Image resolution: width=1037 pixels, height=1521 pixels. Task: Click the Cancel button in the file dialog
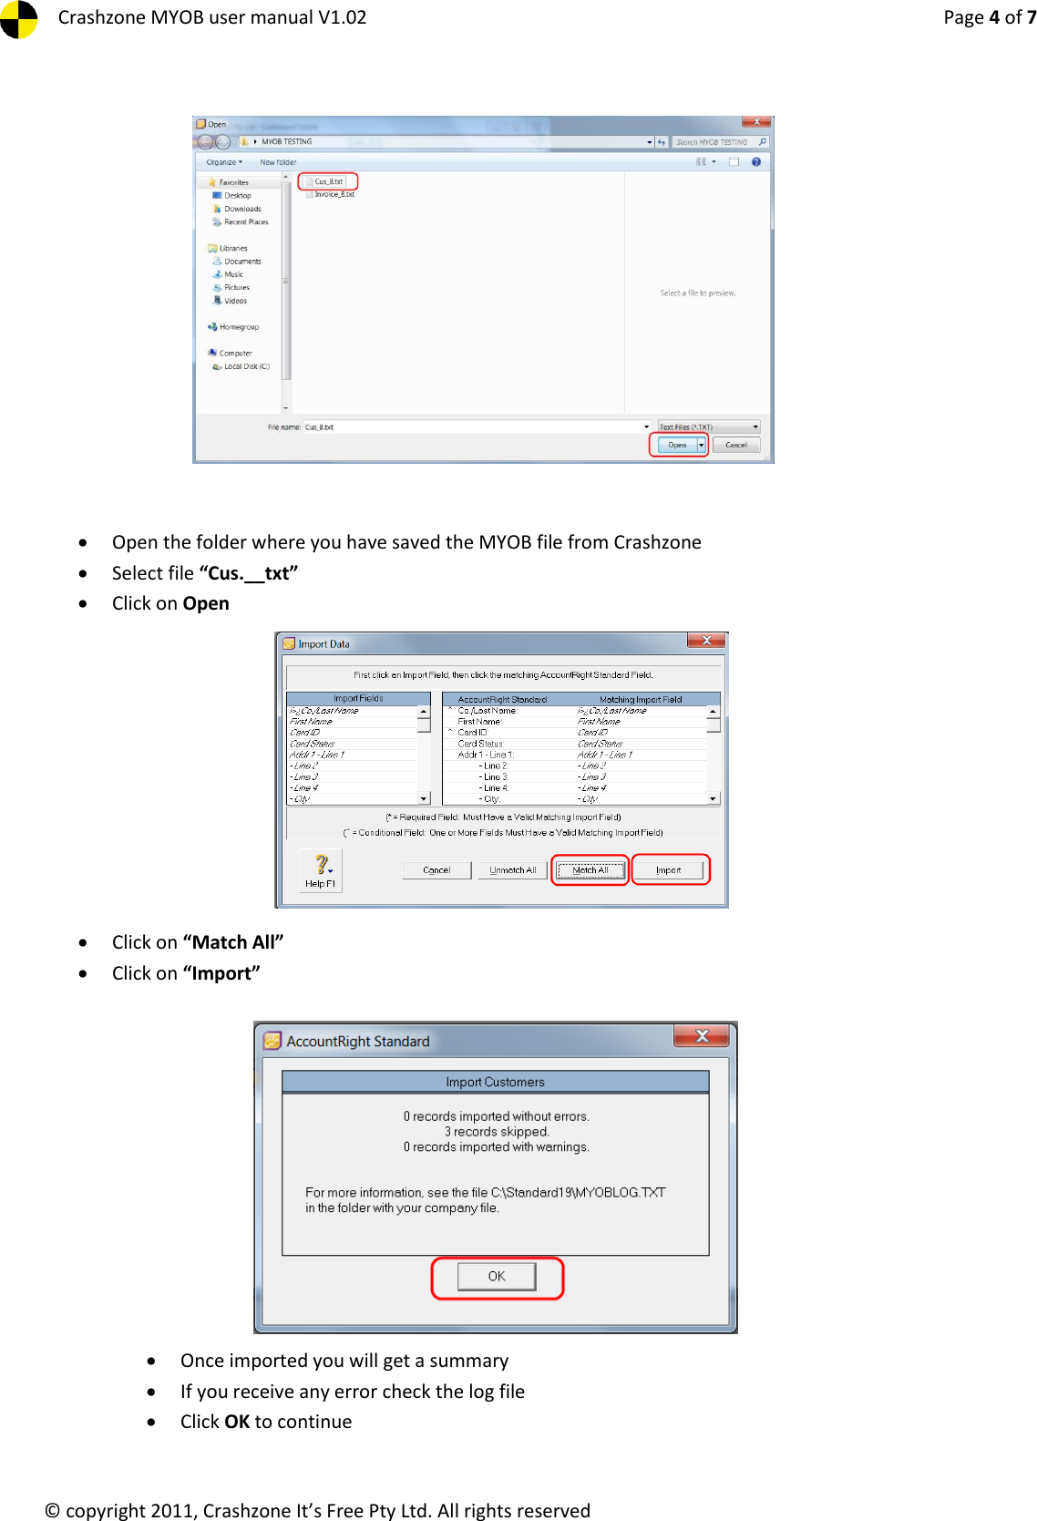click(x=735, y=445)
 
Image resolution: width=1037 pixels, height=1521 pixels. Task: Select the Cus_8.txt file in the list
click(x=328, y=181)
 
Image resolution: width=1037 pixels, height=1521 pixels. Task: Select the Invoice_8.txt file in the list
click(x=334, y=194)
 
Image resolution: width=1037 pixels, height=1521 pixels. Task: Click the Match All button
click(x=590, y=870)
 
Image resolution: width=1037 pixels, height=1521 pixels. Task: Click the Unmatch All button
click(x=512, y=870)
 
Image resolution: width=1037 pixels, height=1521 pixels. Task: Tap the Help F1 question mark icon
click(x=321, y=864)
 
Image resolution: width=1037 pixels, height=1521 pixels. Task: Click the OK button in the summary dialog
click(x=497, y=1276)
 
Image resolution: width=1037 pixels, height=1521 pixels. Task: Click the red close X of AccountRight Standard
click(x=702, y=1036)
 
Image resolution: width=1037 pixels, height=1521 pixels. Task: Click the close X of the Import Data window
click(x=706, y=641)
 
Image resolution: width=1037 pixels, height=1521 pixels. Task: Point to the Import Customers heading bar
click(x=495, y=1082)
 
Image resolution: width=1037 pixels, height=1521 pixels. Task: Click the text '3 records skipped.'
click(x=497, y=1132)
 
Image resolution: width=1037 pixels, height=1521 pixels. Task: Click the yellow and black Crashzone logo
click(x=18, y=17)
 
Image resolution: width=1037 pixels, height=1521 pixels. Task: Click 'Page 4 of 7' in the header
click(x=989, y=17)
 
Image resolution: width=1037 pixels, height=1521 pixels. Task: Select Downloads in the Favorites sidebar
click(x=242, y=209)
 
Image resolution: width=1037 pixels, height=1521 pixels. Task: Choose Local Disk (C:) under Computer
click(x=246, y=366)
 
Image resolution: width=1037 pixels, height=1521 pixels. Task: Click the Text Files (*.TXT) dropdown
click(x=708, y=426)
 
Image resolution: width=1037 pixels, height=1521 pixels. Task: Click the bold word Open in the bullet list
click(x=206, y=603)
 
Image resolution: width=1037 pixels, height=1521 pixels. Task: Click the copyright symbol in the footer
click(x=53, y=1510)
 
